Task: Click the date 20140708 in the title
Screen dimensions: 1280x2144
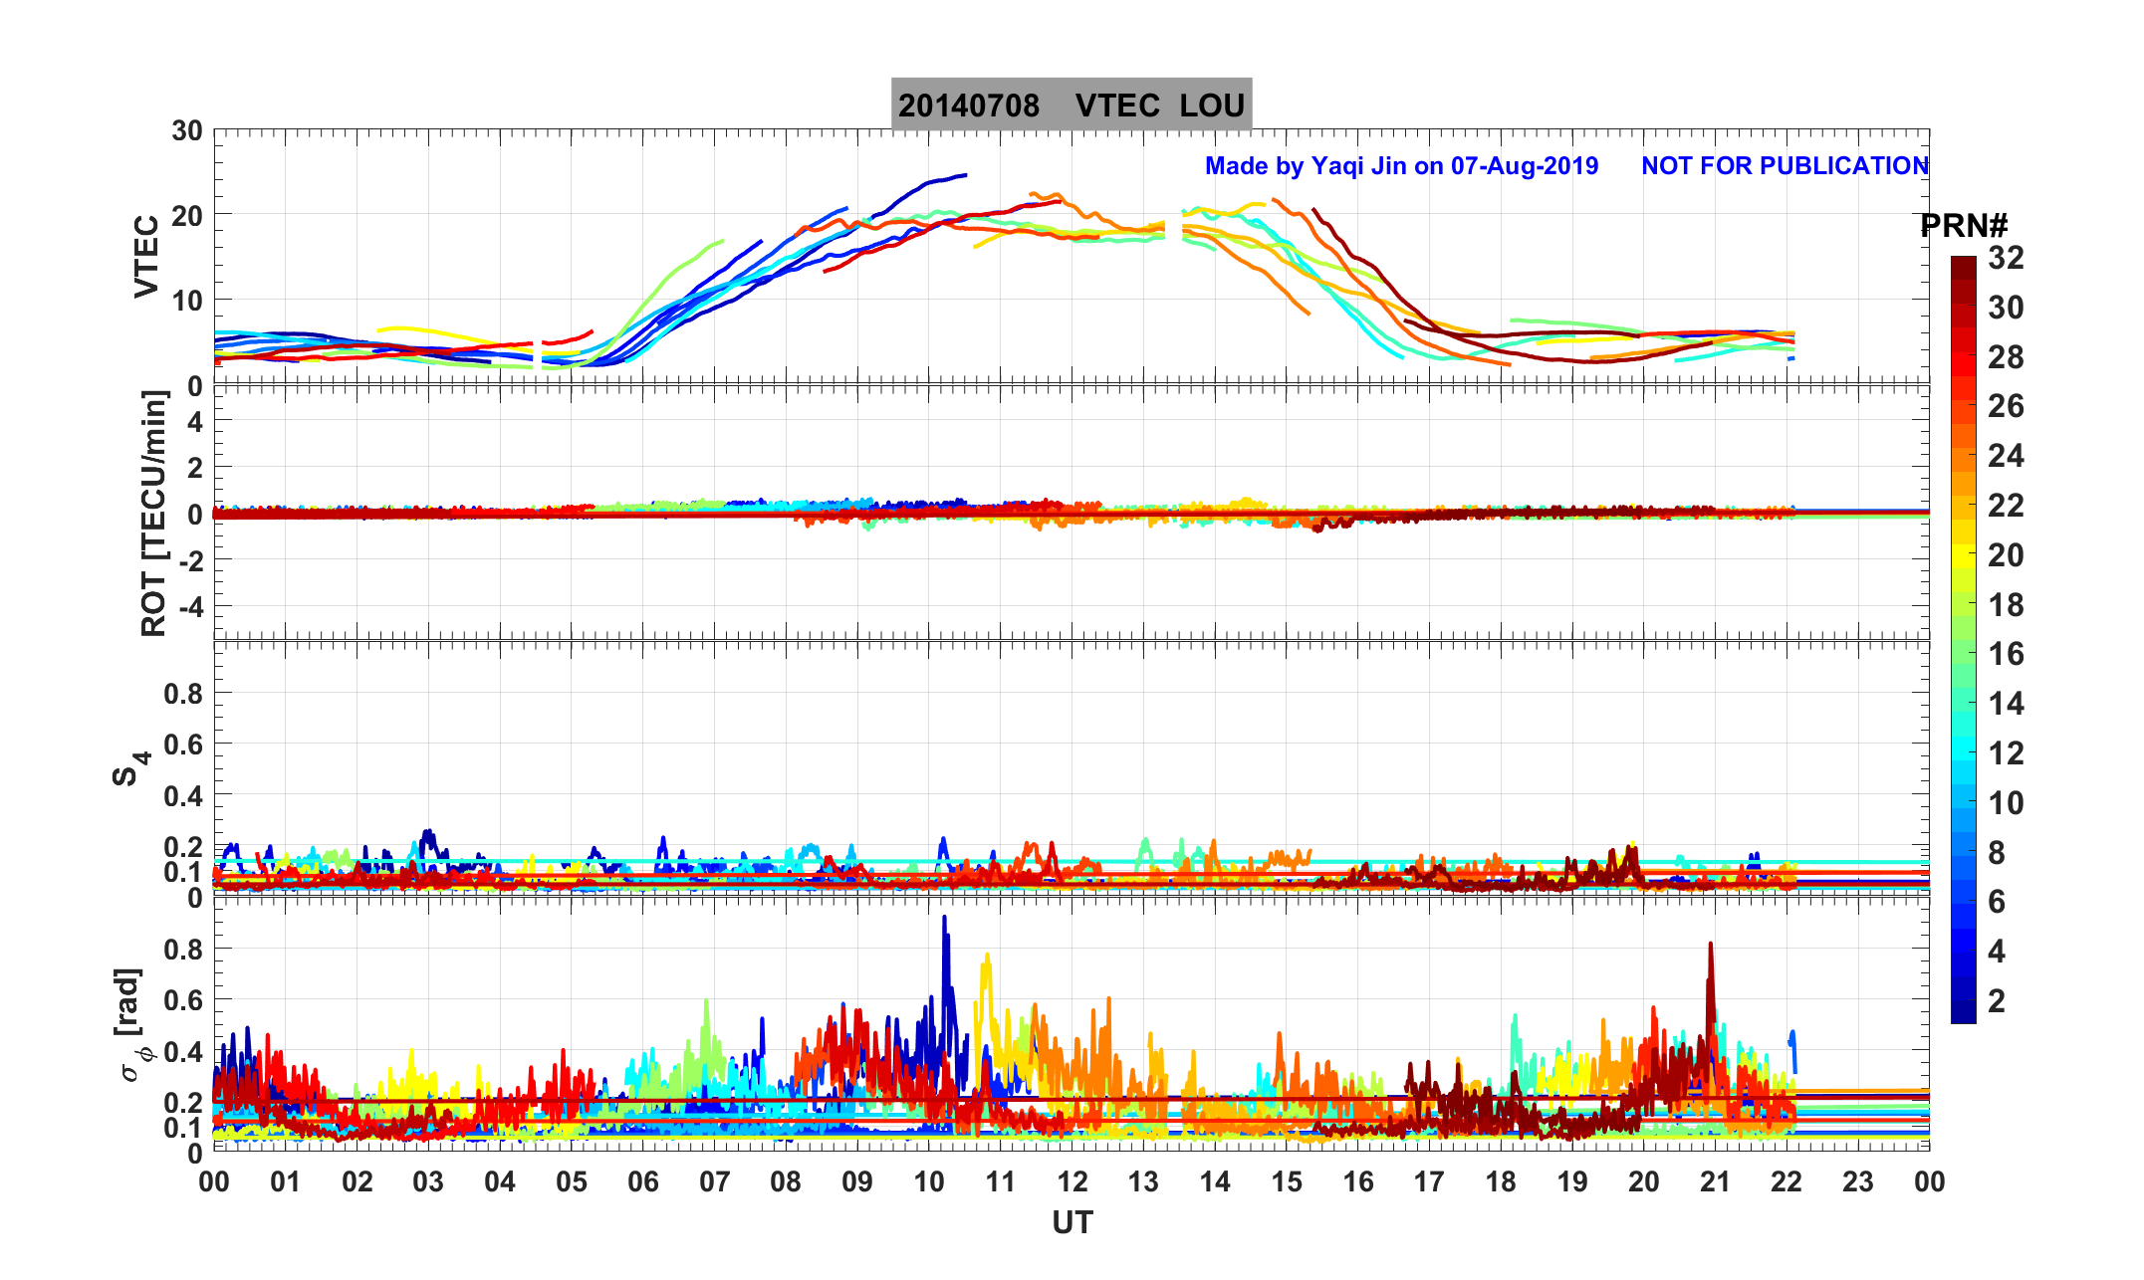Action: point(968,106)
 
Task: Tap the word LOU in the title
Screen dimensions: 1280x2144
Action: point(1212,106)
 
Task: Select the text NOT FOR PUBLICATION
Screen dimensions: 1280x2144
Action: point(1785,165)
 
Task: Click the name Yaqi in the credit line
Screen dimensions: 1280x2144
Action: point(1339,165)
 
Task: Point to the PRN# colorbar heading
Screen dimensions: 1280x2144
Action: point(1963,226)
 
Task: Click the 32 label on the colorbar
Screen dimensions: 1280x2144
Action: point(2006,258)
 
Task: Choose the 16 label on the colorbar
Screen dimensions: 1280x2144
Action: point(2006,654)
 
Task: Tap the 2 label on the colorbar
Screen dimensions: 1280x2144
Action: point(1997,1000)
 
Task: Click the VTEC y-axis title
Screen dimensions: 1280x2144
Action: point(146,256)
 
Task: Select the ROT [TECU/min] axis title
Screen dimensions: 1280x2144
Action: point(153,513)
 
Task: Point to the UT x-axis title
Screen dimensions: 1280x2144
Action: point(1072,1222)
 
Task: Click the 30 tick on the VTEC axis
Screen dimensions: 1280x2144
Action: point(186,131)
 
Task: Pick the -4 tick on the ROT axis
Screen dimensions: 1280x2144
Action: point(189,605)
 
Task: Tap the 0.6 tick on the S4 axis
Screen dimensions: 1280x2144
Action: point(183,745)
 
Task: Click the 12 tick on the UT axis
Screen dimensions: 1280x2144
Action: point(1072,1182)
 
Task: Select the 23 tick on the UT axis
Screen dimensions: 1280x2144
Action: point(1858,1182)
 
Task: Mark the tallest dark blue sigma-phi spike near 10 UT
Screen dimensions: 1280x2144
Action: point(944,919)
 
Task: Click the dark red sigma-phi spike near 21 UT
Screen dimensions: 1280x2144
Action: point(1711,945)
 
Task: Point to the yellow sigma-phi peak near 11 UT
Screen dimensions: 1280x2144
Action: point(987,956)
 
